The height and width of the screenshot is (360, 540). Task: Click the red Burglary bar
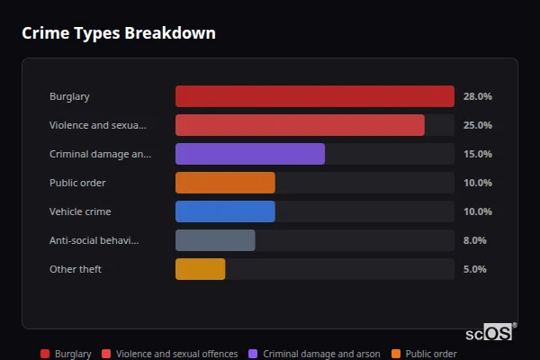pos(314,96)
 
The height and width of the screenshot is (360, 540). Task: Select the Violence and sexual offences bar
pos(300,125)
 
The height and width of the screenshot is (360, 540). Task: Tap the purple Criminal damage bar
pos(249,154)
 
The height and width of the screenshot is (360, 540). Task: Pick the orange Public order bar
pos(225,183)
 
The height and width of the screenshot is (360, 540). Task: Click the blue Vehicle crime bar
pos(225,211)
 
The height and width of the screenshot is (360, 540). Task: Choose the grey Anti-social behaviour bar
pos(215,240)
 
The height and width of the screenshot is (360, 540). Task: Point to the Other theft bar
pos(200,269)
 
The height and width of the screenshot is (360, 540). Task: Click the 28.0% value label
pos(477,96)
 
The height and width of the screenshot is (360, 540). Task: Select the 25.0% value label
pos(477,125)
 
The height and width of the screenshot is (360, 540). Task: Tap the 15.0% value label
pos(477,154)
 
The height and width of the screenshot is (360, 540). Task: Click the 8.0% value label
pos(475,240)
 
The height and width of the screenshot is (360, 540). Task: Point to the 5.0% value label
pos(475,269)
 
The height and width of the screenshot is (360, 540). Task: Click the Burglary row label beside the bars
pos(69,96)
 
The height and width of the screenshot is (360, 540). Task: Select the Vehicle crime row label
pos(80,211)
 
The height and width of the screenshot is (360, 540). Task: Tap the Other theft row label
pos(76,269)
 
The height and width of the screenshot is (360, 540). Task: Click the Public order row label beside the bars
pos(77,183)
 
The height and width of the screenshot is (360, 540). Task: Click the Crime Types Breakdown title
pos(118,33)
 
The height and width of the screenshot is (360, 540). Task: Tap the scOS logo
pos(490,332)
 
